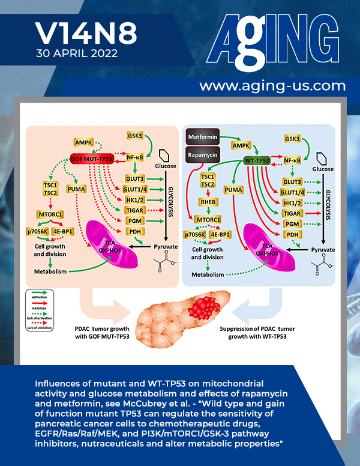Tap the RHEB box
pos(208,202)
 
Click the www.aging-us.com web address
pos(272,86)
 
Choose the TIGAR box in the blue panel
pos(292,213)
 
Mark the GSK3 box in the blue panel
pos(292,139)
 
